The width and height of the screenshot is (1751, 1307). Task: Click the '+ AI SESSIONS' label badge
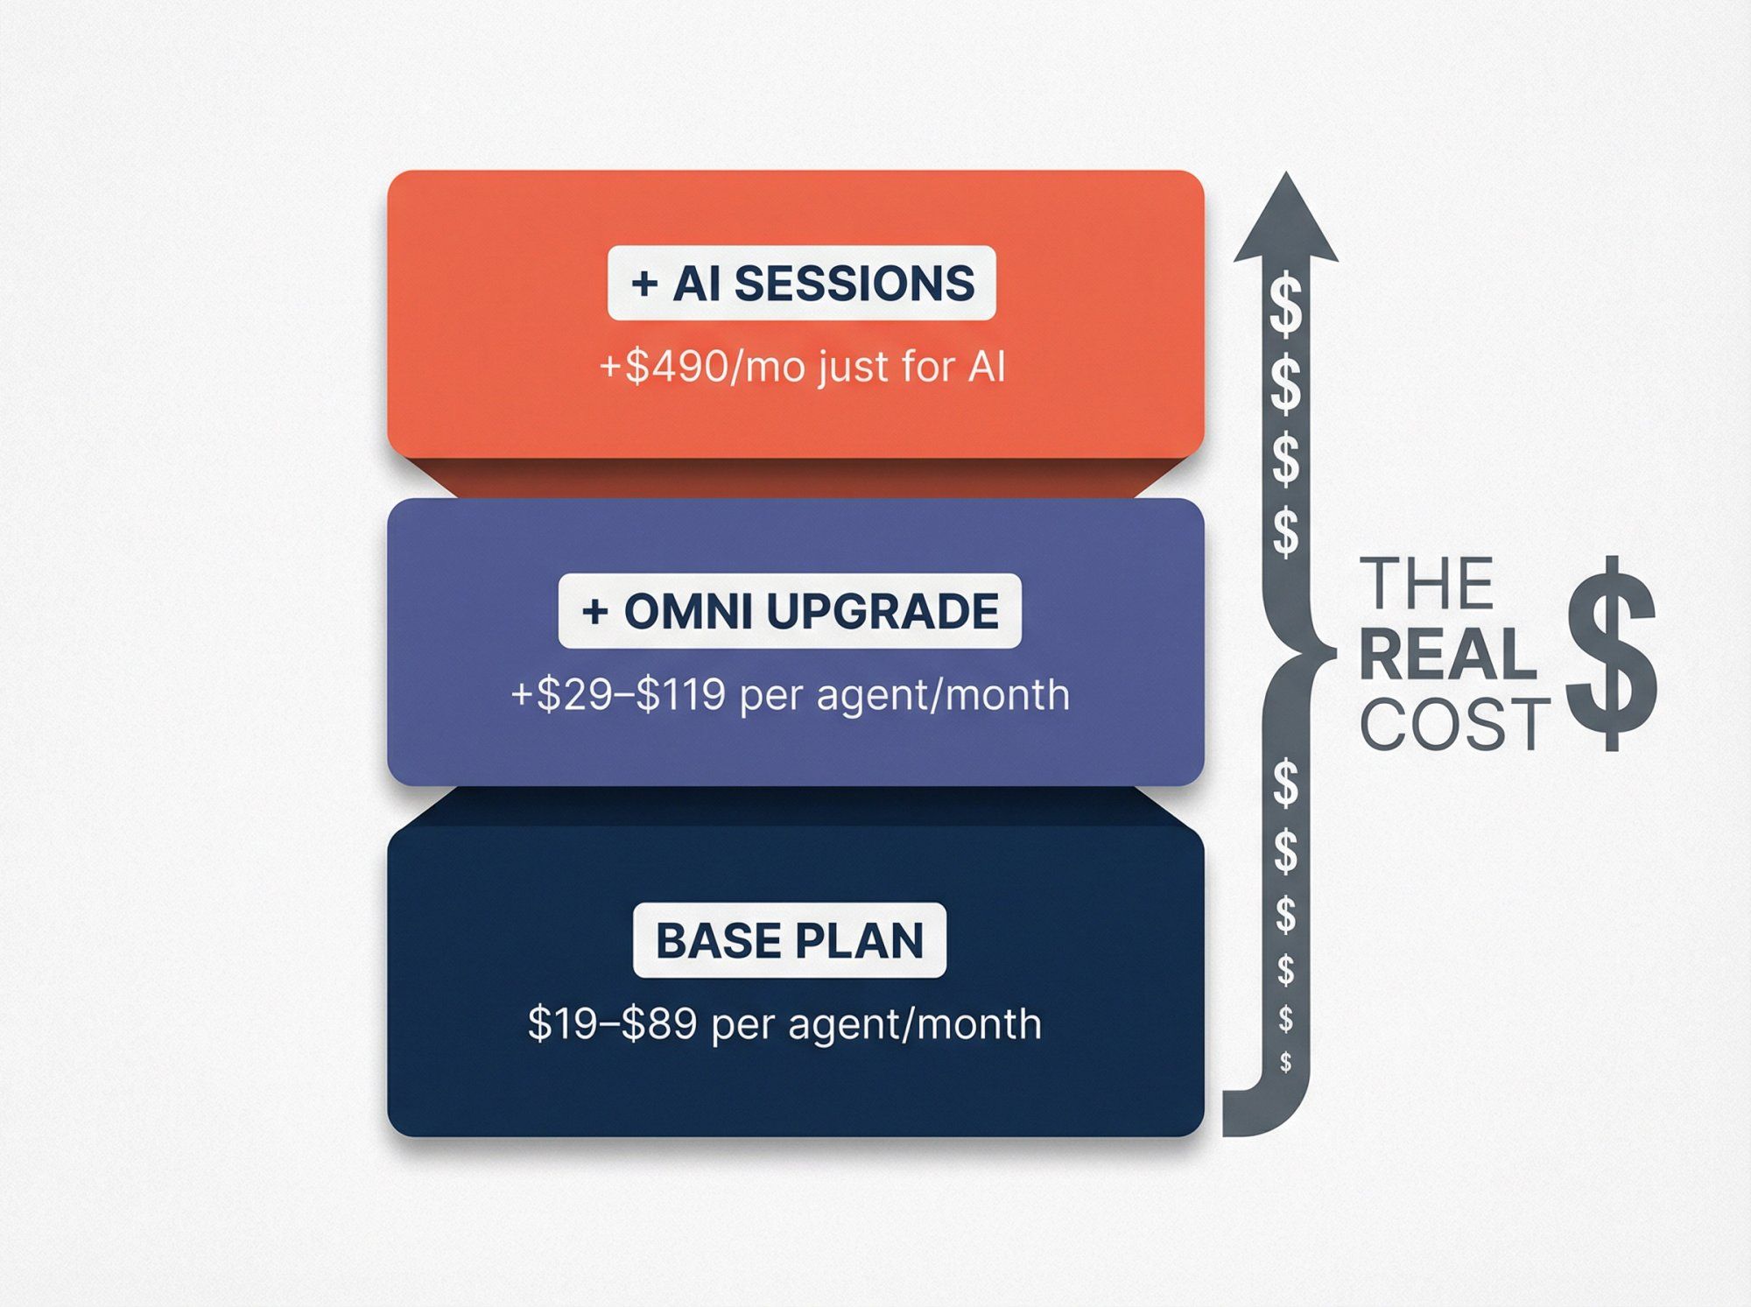[801, 284]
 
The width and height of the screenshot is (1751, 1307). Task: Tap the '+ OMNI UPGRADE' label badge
[790, 611]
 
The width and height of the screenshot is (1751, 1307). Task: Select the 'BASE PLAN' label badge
[789, 940]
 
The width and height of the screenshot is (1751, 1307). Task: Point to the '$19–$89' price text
[612, 1023]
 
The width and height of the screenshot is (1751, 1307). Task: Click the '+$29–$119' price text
[618, 695]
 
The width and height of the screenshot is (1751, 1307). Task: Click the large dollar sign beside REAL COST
[1610, 653]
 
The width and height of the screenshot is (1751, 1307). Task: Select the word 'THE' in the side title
[1426, 584]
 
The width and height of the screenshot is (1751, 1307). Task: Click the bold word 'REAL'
[1448, 655]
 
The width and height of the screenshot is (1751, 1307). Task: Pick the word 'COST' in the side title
[1454, 725]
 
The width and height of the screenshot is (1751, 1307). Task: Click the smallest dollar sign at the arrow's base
[1285, 1062]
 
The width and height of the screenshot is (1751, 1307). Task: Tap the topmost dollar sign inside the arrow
[1285, 305]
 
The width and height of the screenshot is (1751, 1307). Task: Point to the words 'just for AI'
[911, 367]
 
